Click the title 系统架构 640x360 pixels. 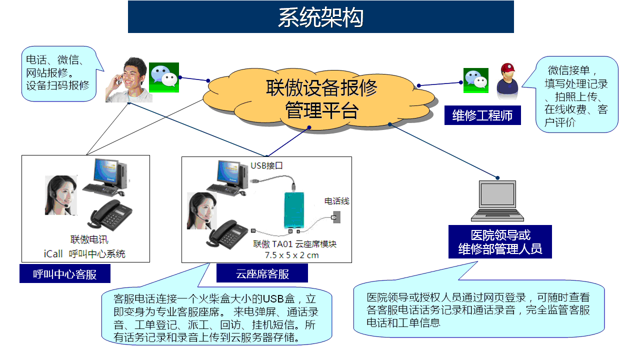(320, 17)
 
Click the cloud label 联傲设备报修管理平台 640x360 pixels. (321, 99)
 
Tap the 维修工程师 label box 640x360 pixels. (482, 116)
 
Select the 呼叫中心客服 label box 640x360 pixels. (65, 274)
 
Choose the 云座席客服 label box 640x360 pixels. (262, 274)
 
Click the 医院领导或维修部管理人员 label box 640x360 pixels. (500, 242)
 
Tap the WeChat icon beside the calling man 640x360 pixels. (164, 77)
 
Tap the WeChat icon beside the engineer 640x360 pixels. (475, 80)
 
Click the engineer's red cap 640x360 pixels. (508, 68)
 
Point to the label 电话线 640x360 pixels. (337, 201)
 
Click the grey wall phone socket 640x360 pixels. (336, 217)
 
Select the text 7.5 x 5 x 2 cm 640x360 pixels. (291, 255)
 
